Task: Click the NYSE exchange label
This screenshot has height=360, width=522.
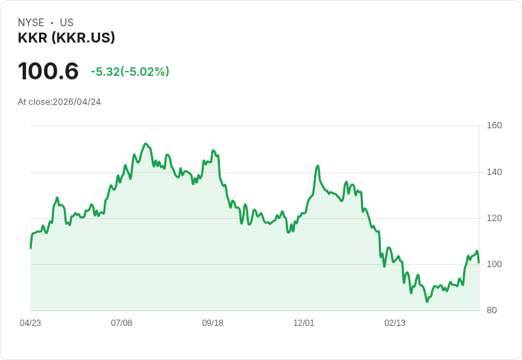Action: click(31, 23)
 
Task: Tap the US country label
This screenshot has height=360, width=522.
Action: click(67, 23)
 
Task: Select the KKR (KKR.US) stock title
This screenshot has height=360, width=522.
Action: click(66, 38)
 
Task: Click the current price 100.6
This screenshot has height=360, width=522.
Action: click(48, 71)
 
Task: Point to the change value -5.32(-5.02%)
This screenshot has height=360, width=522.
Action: click(130, 72)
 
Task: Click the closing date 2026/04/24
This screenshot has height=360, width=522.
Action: click(77, 102)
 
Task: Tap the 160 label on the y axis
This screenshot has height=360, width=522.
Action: click(494, 125)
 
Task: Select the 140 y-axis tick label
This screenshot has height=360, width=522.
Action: click(494, 172)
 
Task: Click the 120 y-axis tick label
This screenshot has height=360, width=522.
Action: click(494, 218)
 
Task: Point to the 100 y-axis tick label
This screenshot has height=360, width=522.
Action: click(494, 264)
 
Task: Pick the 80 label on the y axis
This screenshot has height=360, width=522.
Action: click(492, 310)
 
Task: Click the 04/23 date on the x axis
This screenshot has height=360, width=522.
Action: click(30, 323)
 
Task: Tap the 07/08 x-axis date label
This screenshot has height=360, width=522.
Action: click(121, 323)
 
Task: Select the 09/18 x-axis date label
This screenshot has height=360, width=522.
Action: click(213, 323)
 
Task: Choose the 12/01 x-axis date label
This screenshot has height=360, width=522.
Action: click(304, 323)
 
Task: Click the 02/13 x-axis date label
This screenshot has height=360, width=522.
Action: click(395, 323)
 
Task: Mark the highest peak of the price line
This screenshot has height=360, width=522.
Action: click(145, 144)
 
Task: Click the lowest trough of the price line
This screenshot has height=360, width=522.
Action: click(427, 302)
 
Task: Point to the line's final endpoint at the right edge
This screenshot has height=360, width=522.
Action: click(479, 262)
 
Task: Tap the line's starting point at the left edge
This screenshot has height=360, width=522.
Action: click(30, 248)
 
